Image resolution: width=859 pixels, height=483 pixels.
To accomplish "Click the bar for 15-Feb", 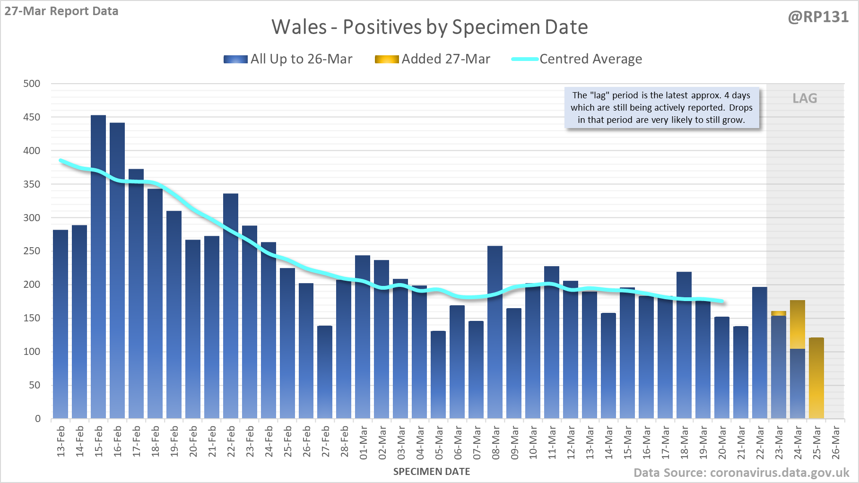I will tap(98, 267).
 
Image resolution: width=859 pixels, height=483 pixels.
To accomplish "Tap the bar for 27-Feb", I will tap(325, 372).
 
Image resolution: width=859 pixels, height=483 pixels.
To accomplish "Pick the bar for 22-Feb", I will tap(231, 306).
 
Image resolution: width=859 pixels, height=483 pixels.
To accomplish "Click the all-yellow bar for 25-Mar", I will tap(816, 378).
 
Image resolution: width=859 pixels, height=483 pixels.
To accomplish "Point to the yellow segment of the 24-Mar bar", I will tap(798, 325).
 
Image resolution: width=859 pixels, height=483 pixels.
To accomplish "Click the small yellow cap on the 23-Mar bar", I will tap(779, 313).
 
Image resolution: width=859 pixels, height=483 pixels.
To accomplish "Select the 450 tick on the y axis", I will tap(32, 117).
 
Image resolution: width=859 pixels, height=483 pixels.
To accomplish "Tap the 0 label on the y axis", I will tap(38, 419).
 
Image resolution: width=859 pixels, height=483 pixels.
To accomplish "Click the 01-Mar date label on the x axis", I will tap(364, 442).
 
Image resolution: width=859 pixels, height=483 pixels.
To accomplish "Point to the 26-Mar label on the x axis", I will tap(836, 442).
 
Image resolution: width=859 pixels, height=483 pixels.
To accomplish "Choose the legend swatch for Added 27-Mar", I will tap(387, 59).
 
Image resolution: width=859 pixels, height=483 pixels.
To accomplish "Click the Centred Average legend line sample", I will tap(525, 59).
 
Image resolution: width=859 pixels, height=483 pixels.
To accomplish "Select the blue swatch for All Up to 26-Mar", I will tap(235, 59).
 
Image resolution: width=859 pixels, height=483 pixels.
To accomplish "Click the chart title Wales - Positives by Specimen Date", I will tap(429, 27).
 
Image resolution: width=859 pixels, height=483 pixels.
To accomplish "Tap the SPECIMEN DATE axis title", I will tap(432, 472).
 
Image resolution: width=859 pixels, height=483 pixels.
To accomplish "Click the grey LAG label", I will tap(805, 98).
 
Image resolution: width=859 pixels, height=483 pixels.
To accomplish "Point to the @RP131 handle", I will tap(818, 17).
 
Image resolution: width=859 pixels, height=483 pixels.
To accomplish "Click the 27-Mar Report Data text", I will tap(61, 11).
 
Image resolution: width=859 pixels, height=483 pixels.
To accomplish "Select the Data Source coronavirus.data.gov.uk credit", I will tap(741, 473).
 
